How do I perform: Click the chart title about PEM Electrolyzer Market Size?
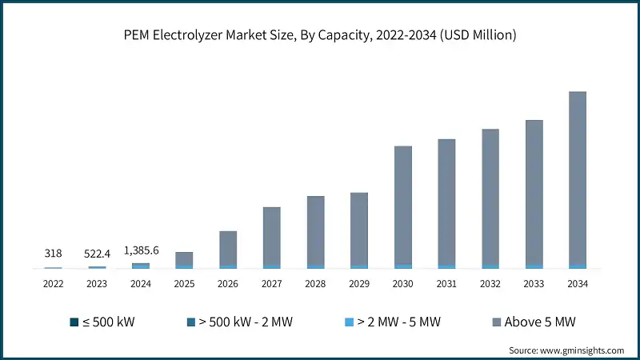coord(320,34)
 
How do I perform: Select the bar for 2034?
coord(577,180)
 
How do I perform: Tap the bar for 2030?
coord(402,207)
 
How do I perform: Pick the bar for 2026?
coord(228,250)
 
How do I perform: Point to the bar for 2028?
coord(315,232)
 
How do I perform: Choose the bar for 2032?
coord(490,198)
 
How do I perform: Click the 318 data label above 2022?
coord(53,253)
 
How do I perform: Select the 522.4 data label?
coord(97,253)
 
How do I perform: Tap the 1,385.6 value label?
coord(141,250)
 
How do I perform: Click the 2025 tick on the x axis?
coord(184,283)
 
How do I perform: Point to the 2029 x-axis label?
coord(359,283)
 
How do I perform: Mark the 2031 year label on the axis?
coord(446,283)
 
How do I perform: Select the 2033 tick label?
coord(534,283)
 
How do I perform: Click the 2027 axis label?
coord(271,283)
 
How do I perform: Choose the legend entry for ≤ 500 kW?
coord(102,322)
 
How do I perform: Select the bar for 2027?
coord(271,238)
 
